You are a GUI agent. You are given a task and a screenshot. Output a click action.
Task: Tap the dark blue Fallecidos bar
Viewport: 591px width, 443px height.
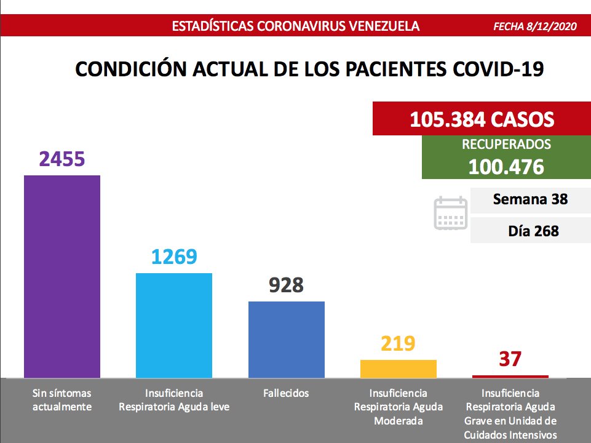[286, 339]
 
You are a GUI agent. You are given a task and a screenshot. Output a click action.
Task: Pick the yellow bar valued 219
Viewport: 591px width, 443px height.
[399, 369]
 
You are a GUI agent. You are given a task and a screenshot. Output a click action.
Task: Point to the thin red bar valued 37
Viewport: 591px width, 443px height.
[510, 376]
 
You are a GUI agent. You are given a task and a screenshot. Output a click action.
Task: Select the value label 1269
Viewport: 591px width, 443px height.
[174, 256]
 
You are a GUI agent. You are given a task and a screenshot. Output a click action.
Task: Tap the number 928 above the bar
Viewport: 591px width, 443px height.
[286, 285]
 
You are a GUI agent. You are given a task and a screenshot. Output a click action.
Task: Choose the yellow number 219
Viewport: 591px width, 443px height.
[399, 343]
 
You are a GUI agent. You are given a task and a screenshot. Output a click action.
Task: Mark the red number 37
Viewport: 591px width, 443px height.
[510, 359]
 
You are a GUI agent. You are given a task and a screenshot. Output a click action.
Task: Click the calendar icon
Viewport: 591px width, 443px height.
[451, 214]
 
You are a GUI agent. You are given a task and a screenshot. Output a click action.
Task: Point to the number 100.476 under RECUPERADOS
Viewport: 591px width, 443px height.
[506, 166]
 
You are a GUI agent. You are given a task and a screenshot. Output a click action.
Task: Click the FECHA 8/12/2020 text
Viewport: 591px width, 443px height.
[537, 26]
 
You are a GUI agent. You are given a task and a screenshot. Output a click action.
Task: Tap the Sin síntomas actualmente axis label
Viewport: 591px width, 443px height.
[61, 400]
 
